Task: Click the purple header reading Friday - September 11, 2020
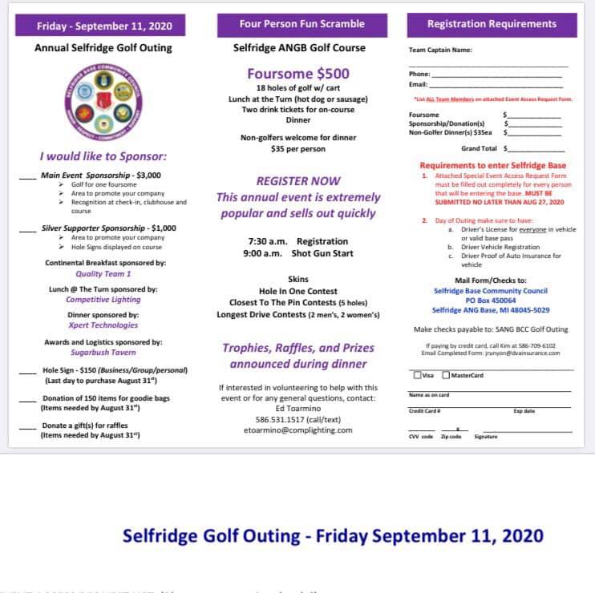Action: pyautogui.click(x=104, y=26)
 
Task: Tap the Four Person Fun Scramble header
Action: pyautogui.click(x=302, y=24)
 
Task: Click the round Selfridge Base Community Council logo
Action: pyautogui.click(x=105, y=103)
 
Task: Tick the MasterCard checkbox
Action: pyautogui.click(x=447, y=375)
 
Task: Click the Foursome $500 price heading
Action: pyautogui.click(x=297, y=74)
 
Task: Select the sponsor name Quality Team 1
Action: pyautogui.click(x=103, y=274)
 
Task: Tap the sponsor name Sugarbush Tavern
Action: pyautogui.click(x=103, y=353)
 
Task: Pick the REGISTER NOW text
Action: pyautogui.click(x=298, y=181)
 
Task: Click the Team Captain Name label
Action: pyautogui.click(x=440, y=50)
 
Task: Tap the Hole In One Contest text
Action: pyautogui.click(x=297, y=291)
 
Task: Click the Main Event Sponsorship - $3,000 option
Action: pyautogui.click(x=101, y=174)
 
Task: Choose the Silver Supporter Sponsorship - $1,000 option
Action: pyautogui.click(x=109, y=228)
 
